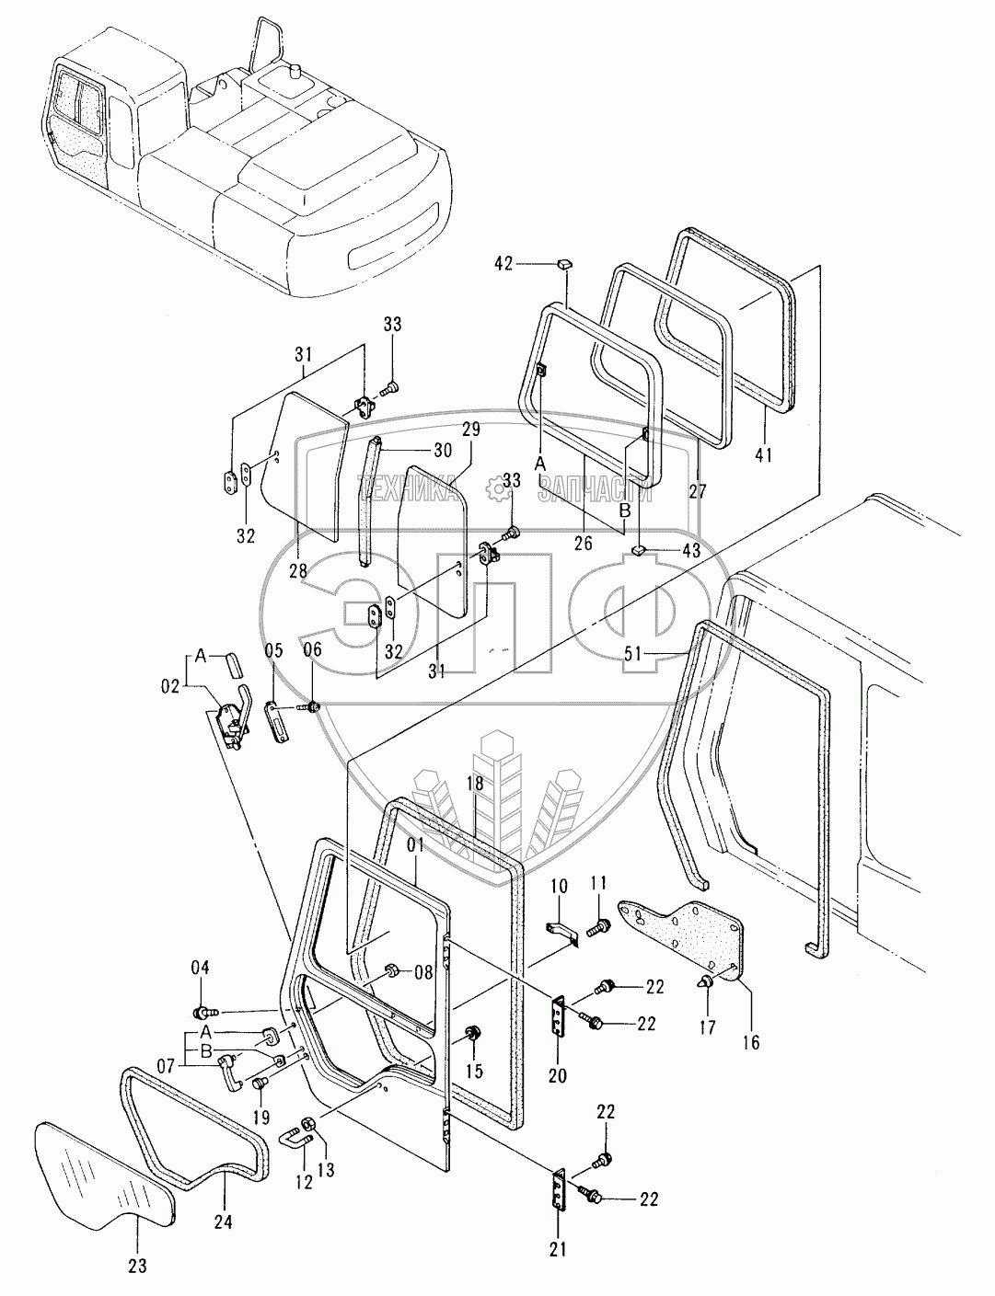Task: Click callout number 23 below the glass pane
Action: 136,1264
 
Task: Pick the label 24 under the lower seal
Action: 225,1222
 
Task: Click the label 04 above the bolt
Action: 201,968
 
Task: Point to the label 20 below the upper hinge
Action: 558,1074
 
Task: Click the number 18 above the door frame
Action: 474,784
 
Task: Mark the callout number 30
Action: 443,451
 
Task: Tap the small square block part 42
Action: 563,264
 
